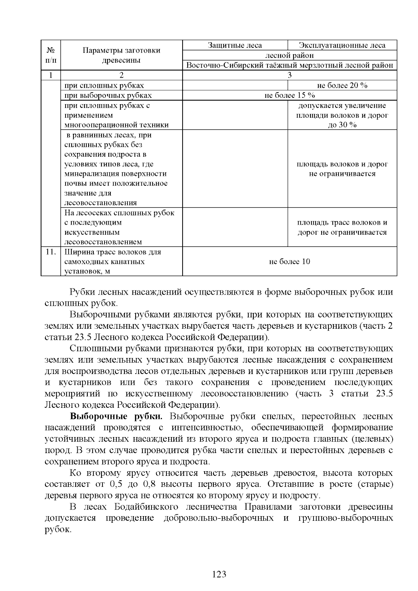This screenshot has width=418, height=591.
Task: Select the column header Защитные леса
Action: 235,45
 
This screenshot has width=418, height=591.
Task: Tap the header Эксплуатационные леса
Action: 342,45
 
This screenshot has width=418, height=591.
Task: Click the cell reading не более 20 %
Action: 342,85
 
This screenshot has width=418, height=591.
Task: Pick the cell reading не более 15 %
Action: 289,95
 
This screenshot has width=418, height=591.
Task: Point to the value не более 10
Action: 289,262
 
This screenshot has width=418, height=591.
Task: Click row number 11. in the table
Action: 51,252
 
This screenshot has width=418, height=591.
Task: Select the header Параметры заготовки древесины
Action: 121,55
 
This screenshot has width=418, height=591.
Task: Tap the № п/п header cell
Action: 51,55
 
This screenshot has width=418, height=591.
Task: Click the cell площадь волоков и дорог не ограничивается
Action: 342,169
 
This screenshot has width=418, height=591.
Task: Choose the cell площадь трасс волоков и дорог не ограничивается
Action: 342,227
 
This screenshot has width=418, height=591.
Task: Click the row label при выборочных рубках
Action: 108,95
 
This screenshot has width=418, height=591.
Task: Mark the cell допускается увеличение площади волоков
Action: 342,115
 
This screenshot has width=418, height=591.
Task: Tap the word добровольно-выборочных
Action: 218,518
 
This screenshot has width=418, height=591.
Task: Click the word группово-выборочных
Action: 346,518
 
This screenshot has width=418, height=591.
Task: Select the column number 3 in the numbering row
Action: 289,75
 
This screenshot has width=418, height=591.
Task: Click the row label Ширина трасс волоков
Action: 113,252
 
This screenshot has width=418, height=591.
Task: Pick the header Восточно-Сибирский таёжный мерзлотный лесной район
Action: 289,65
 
